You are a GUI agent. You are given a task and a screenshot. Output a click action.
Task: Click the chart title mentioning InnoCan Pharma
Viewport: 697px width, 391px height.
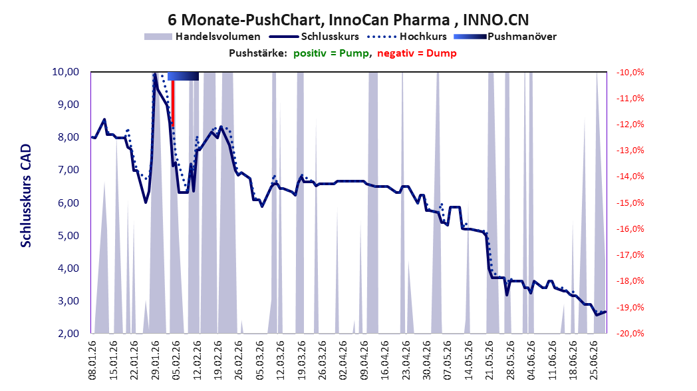(348, 19)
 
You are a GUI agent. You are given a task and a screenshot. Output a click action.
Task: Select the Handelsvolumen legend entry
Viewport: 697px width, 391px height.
(202, 37)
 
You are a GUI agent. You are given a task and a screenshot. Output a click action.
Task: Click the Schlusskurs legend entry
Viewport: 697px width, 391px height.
(314, 37)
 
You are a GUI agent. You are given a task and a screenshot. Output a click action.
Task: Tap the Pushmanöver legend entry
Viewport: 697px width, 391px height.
(505, 37)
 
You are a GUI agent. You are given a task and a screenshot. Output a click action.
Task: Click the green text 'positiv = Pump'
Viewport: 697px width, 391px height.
(331, 53)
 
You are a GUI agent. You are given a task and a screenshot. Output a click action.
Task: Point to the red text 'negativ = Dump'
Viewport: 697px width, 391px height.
(417, 53)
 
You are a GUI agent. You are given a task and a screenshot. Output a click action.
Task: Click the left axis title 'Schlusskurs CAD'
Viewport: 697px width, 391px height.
(26, 196)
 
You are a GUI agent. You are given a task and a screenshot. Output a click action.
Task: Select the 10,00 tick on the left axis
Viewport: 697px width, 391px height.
(66, 72)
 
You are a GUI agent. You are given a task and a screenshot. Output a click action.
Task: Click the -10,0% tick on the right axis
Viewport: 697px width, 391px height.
(630, 72)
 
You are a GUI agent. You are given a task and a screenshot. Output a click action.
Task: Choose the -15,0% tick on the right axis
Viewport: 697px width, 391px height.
(630, 203)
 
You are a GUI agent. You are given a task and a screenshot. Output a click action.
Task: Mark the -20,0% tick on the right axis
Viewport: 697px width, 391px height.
(630, 334)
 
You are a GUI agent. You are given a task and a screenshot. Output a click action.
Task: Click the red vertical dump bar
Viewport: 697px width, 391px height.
(173, 103)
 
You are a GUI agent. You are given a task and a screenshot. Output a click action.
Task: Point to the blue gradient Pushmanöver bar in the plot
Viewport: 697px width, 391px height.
(183, 77)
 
